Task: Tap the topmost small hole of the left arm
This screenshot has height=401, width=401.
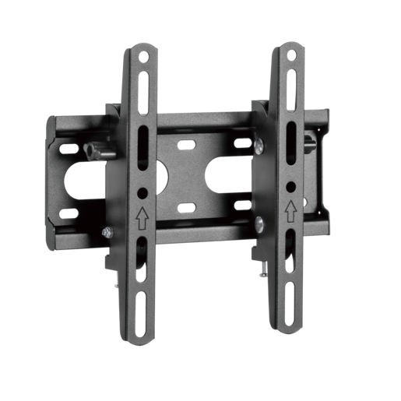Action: [x=141, y=57]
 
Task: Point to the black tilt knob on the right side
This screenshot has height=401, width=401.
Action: [x=311, y=142]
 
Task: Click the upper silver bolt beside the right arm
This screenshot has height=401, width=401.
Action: [x=259, y=144]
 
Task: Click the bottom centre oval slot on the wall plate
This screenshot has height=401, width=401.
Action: [x=188, y=207]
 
